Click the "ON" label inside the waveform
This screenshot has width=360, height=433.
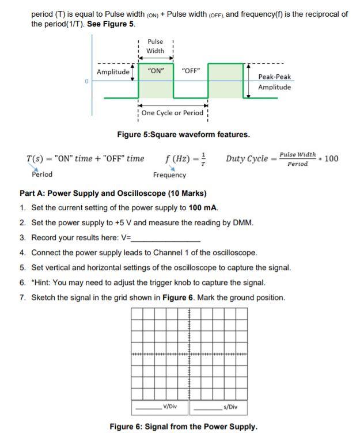tap(156, 71)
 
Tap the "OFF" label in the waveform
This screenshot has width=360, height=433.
tap(190, 71)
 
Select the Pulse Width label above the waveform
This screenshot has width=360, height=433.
tap(155, 46)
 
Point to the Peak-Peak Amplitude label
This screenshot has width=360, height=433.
tap(274, 82)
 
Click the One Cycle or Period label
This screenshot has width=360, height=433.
tap(172, 113)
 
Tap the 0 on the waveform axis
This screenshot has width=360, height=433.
tap(86, 81)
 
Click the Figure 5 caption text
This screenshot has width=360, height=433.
tap(183, 135)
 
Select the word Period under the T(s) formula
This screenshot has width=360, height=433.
tap(42, 174)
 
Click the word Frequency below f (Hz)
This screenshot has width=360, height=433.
tap(169, 175)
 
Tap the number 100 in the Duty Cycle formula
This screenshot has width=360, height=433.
tap(331, 159)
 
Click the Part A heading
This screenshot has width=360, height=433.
tap(113, 193)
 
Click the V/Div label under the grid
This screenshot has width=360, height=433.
tap(170, 407)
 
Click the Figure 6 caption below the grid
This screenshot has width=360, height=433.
tap(183, 427)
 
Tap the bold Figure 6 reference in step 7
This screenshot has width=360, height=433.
tap(177, 298)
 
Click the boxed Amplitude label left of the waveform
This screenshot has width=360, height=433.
tap(113, 72)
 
